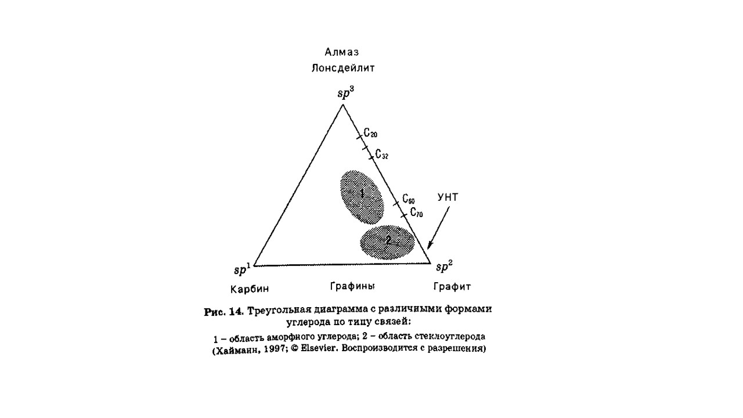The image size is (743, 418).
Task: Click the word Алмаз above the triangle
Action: pos(342,52)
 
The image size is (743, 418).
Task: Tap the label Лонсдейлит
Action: pos(343,69)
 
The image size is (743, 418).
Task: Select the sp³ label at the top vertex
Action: pos(346,93)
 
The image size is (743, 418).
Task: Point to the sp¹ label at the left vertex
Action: pos(243,268)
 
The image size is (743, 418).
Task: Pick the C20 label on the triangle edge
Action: pos(370,133)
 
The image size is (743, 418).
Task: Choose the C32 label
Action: pos(382,154)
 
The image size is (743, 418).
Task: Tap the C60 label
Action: pos(409,199)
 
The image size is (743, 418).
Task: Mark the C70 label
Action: pos(417,212)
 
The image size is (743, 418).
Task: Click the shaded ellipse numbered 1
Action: pos(362,197)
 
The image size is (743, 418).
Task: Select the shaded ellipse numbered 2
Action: pos(387,243)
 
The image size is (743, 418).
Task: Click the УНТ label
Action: pos(448,197)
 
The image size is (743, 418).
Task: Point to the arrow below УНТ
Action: pos(438,228)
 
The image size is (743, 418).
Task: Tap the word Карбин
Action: pos(250,289)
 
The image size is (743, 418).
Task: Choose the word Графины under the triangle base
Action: pos(352,286)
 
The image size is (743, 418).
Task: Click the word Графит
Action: pos(452,286)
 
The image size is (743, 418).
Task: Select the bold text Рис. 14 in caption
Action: pos(224,312)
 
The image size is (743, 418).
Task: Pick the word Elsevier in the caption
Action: pos(319,349)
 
